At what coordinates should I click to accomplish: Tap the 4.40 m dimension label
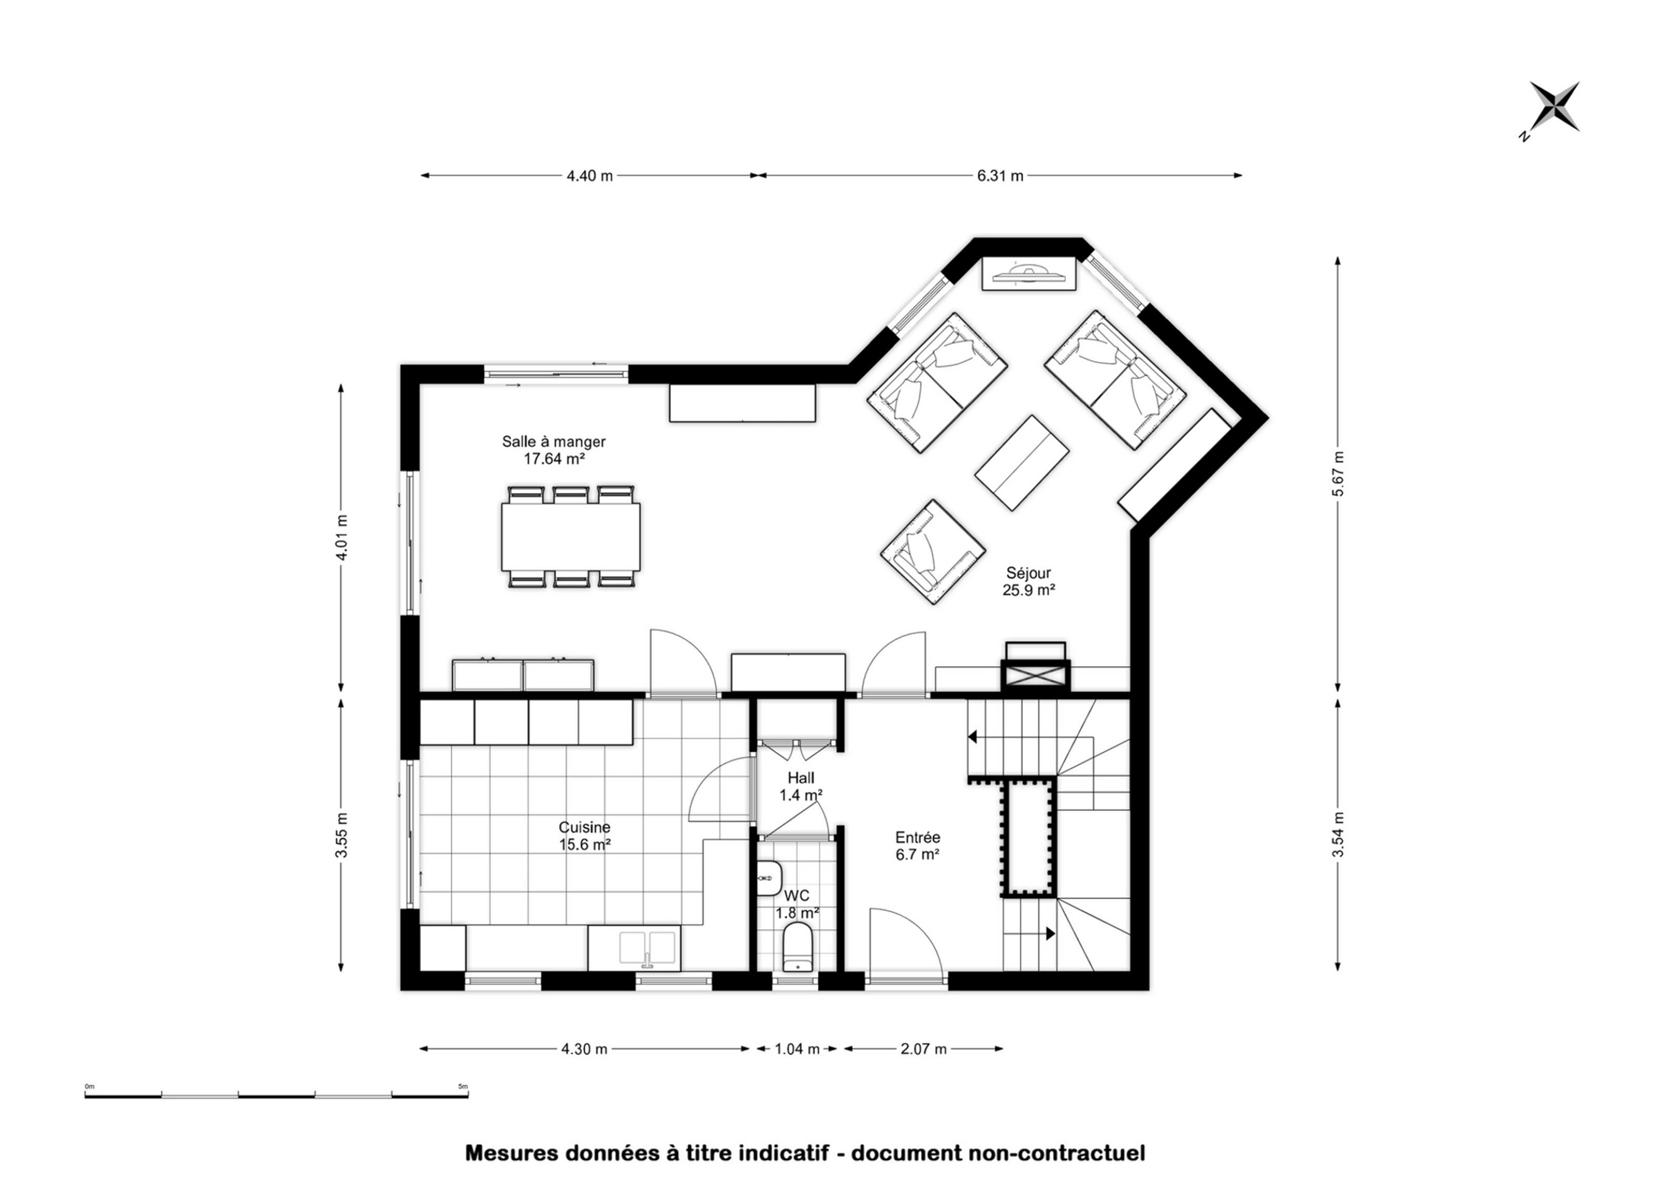(589, 176)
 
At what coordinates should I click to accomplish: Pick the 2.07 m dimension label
(923, 1049)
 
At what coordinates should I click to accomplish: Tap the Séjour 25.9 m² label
(1028, 582)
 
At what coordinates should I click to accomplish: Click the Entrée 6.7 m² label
(918, 846)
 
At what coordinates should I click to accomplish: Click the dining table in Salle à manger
(570, 536)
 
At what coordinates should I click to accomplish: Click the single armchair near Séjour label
(932, 551)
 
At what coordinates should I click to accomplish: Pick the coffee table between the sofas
(1022, 463)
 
